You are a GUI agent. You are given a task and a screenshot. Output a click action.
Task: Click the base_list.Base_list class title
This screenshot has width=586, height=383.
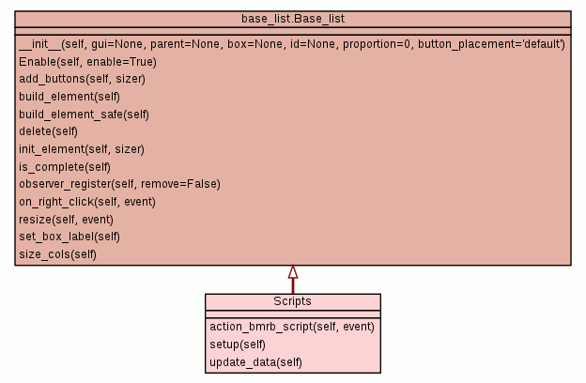tap(292, 20)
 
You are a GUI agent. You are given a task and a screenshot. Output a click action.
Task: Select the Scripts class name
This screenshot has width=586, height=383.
tap(292, 302)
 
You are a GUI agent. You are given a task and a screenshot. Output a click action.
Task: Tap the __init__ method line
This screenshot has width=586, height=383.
tap(291, 44)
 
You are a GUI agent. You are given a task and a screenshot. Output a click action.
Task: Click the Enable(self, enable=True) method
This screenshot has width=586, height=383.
tap(87, 62)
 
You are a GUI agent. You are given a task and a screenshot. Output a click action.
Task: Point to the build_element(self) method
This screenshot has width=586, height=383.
tap(69, 97)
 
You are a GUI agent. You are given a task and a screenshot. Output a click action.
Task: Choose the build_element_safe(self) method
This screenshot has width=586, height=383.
tap(85, 115)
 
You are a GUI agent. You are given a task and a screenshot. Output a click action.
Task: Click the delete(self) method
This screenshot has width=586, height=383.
tap(48, 131)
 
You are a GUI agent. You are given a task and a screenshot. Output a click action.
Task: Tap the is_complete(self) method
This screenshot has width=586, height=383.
tap(65, 167)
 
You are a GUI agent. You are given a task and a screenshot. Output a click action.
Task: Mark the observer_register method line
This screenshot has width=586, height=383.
tap(119, 184)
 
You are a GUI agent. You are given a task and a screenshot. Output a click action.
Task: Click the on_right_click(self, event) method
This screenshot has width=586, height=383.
tap(87, 202)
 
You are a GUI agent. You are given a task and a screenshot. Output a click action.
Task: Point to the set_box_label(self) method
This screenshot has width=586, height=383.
tap(69, 237)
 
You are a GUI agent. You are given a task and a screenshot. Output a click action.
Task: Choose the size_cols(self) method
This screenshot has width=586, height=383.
tap(57, 254)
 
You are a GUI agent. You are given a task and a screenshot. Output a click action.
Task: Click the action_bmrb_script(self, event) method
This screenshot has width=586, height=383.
tap(292, 327)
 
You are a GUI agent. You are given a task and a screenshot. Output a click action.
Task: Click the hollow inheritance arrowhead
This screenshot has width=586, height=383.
tap(293, 272)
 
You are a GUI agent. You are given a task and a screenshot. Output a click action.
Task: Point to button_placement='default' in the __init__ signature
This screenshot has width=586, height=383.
tap(491, 44)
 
